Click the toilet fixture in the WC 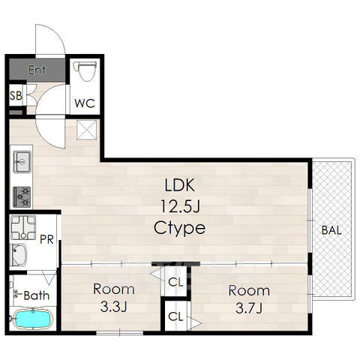(x=85, y=71)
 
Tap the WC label (x=85, y=103)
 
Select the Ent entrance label (x=37, y=70)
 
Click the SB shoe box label (x=16, y=95)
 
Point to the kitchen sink (x=22, y=162)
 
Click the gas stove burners (x=22, y=197)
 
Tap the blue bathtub (x=33, y=319)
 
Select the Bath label (x=37, y=295)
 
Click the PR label (x=46, y=239)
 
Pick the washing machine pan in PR (x=23, y=227)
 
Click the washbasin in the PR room (x=19, y=255)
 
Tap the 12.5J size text (x=180, y=206)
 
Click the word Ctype (x=179, y=228)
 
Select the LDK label (x=179, y=185)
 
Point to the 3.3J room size (x=114, y=307)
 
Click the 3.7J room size (x=249, y=308)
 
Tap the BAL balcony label (x=331, y=230)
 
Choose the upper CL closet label (x=175, y=282)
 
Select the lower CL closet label (x=175, y=316)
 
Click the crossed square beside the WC (x=87, y=130)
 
